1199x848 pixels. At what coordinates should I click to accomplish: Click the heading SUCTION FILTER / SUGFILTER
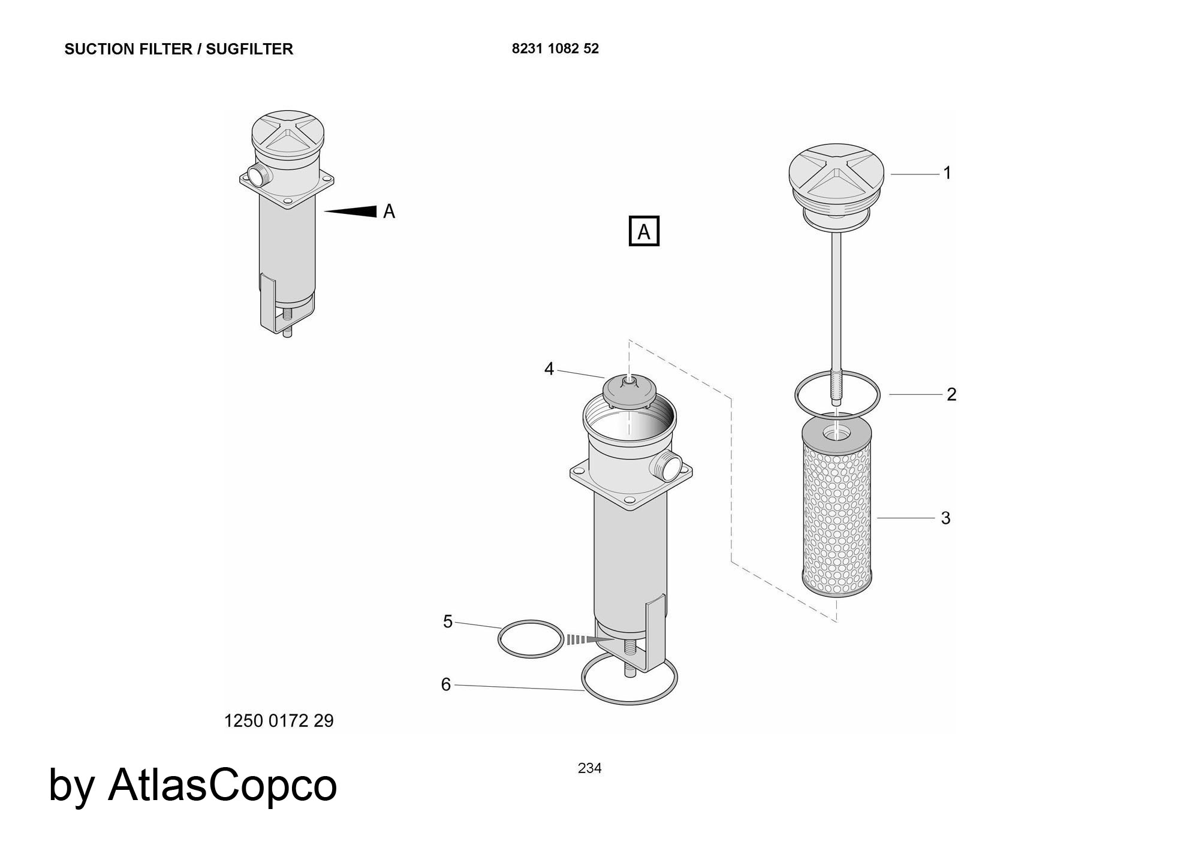click(x=179, y=49)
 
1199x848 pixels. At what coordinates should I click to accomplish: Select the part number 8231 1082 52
click(x=555, y=49)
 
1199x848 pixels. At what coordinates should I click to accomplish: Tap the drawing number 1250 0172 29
click(x=279, y=720)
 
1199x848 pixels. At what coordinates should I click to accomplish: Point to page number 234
click(x=590, y=768)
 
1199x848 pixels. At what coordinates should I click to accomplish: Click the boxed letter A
click(x=644, y=231)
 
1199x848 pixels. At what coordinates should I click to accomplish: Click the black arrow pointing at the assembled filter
click(x=351, y=211)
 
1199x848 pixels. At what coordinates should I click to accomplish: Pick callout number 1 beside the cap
click(x=947, y=173)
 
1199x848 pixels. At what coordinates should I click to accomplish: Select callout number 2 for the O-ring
click(x=951, y=394)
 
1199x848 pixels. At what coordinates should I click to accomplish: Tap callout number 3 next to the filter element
click(x=945, y=518)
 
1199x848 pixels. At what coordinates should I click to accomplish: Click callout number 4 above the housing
click(x=549, y=369)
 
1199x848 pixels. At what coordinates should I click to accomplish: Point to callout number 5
click(x=448, y=621)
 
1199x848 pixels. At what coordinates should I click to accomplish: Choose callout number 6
click(x=446, y=684)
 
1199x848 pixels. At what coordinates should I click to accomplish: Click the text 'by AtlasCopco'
click(x=192, y=786)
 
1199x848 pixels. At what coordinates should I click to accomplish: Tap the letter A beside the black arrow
click(x=389, y=212)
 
